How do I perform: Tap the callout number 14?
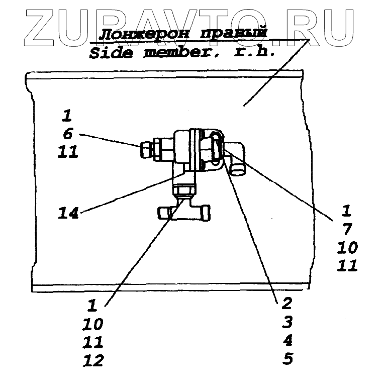point(68,213)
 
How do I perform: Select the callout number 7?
point(347,229)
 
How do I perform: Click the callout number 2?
point(287,303)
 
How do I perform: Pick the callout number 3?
point(287,322)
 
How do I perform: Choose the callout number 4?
point(287,341)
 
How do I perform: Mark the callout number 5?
point(287,359)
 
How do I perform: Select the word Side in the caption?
point(111,53)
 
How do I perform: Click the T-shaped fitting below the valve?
point(183,212)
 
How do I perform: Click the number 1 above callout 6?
point(67,116)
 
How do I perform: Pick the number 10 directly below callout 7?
point(347,247)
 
